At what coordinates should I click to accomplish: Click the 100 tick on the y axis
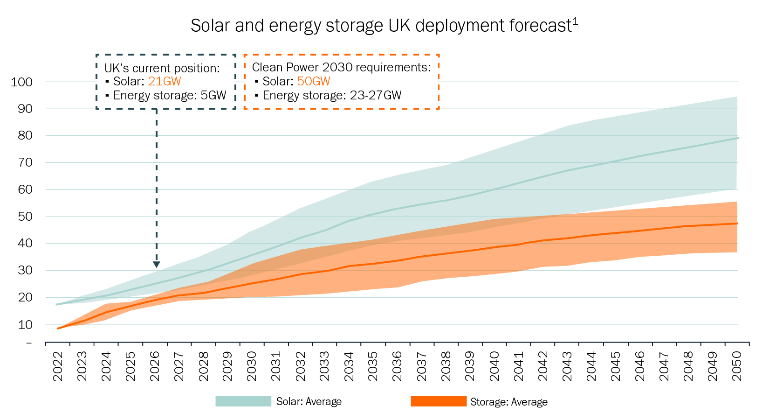coord(22,82)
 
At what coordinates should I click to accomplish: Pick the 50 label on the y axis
coord(25,217)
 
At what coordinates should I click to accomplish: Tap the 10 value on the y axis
coord(25,325)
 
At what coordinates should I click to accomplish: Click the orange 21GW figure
coord(165,81)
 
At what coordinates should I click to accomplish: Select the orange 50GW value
coord(314,81)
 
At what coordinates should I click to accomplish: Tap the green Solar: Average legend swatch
coord(243,401)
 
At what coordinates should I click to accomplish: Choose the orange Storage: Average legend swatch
coord(438,401)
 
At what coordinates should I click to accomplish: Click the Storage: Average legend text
coord(509,402)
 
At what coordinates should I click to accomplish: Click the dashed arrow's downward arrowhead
coord(157,264)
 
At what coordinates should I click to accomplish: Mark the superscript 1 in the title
coord(575,21)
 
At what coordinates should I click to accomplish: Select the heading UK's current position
coord(162,68)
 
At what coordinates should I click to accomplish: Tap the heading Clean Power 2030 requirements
coord(341,67)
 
